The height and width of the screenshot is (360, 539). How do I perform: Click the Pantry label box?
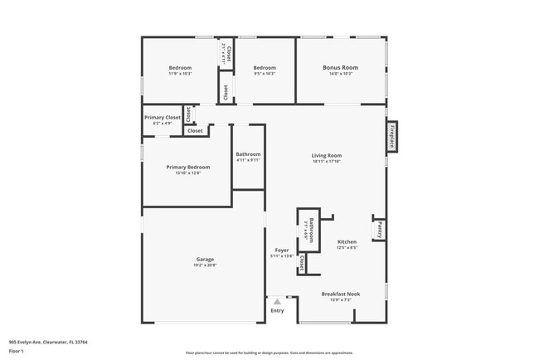coord(379,229)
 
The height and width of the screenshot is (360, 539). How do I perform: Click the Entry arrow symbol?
coord(277,302)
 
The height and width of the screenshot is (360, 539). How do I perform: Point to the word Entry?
coord(277,310)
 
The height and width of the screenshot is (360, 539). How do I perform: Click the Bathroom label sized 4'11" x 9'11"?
coord(248,156)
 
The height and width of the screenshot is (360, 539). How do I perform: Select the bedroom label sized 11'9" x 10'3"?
coord(180,70)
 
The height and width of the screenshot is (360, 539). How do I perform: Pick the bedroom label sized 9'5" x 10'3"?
coord(264,70)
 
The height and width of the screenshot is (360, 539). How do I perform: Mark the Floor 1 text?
coord(17,351)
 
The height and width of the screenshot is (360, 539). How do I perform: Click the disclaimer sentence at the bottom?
coord(268,352)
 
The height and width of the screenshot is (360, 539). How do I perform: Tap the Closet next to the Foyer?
coord(303,264)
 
